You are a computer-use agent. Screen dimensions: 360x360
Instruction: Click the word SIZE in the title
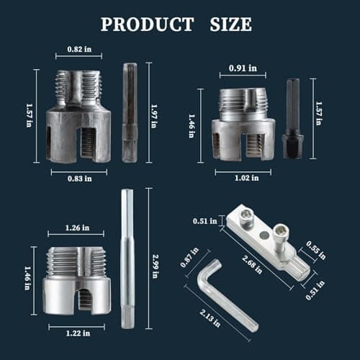click(x=228, y=24)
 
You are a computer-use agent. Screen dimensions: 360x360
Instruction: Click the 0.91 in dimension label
click(x=242, y=68)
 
